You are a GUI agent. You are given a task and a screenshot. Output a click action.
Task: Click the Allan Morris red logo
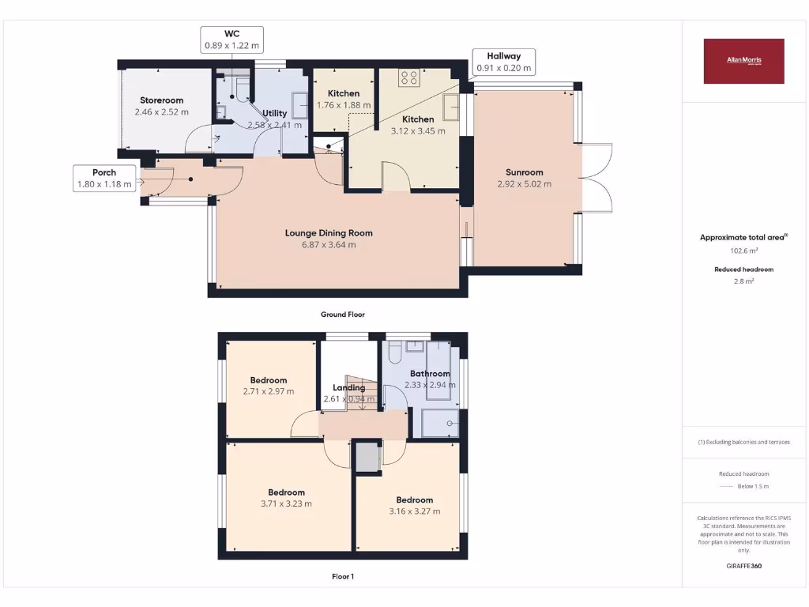[743, 61]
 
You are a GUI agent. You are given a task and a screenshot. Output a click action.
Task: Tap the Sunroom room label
[525, 172]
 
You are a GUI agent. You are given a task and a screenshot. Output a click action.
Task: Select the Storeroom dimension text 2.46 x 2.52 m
[162, 112]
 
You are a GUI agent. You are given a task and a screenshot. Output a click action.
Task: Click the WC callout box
[231, 40]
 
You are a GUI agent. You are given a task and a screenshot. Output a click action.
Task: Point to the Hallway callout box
[504, 62]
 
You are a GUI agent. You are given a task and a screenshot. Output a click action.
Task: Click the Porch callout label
[104, 179]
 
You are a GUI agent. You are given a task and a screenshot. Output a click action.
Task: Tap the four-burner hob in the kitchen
[409, 77]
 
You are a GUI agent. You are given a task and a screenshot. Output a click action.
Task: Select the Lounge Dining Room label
[329, 233]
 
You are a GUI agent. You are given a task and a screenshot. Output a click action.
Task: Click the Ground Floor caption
[342, 315]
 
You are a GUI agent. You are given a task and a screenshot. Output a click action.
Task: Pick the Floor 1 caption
[342, 577]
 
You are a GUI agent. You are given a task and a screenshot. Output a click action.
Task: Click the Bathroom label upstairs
[430, 374]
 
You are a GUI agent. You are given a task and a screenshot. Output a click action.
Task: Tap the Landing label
[349, 388]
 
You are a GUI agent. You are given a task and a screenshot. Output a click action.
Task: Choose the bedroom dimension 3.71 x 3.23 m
[286, 503]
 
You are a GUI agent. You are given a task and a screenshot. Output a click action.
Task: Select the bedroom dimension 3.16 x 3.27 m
[415, 511]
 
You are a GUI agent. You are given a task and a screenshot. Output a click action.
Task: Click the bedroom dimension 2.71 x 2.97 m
[269, 391]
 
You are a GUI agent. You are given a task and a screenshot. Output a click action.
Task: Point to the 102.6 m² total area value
[743, 251]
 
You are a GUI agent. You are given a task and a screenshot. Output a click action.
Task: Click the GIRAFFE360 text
[743, 566]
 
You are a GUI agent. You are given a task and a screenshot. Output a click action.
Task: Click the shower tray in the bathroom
[439, 424]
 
